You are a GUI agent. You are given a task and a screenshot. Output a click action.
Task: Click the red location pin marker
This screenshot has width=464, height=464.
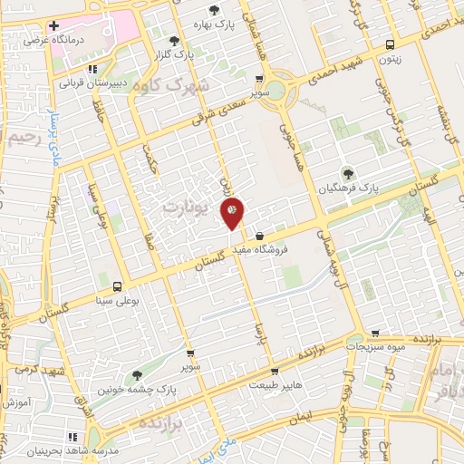tap(233, 210)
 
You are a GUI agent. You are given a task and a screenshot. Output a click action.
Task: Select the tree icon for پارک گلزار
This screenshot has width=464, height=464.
tap(174, 40)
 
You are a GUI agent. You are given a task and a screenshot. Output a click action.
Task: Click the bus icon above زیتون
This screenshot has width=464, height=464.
tap(390, 43)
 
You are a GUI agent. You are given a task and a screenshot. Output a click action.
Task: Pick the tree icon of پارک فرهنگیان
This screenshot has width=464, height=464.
tap(344, 173)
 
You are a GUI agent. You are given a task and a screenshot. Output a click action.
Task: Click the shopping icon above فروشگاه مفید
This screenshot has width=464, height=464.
tap(260, 237)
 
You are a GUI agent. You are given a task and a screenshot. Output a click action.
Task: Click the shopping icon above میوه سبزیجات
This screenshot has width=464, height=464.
tap(375, 333)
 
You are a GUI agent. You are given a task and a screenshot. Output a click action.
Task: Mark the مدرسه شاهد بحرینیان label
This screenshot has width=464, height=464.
tap(72, 449)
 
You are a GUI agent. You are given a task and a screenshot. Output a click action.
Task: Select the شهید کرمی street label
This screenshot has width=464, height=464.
tap(27, 372)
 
